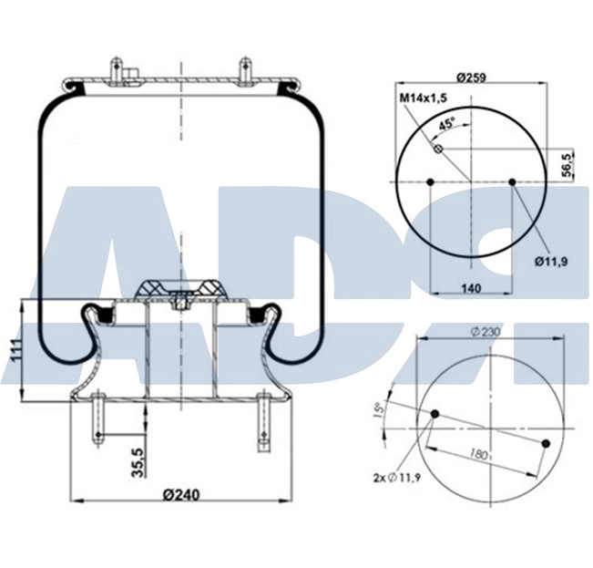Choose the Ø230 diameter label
coord(488,332)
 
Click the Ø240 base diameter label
coord(180,495)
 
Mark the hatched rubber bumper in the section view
coord(179,289)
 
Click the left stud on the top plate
coord(117,71)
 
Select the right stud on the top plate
coord(244,71)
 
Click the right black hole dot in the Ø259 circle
coord(513,182)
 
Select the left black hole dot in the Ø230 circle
coord(435,415)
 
